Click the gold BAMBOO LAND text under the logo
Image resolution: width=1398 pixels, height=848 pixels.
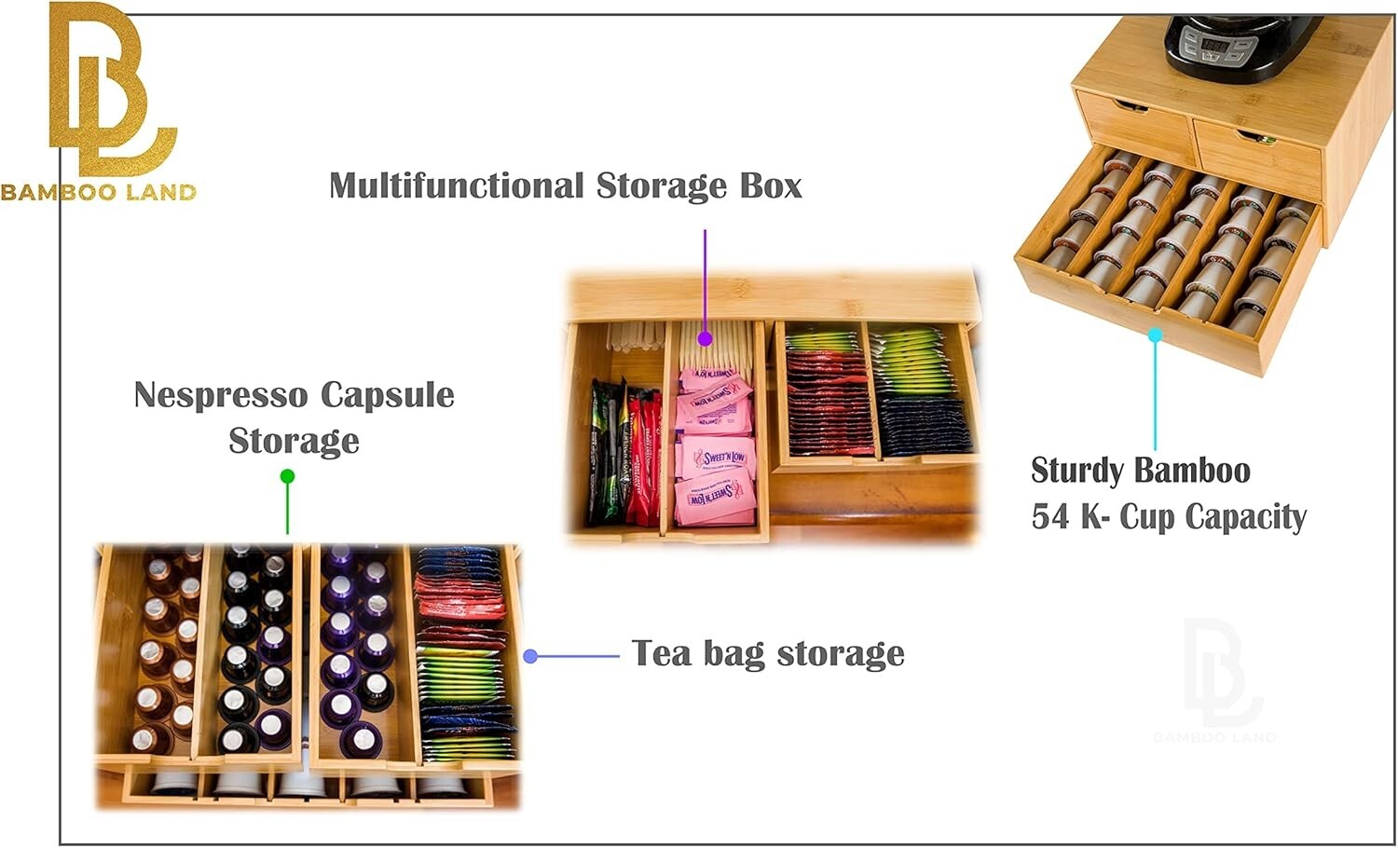(x=98, y=193)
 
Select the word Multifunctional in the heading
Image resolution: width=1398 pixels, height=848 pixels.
(x=457, y=186)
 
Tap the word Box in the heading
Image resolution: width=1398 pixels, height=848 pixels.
(x=771, y=185)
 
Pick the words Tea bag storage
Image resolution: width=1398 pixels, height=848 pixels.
(x=768, y=654)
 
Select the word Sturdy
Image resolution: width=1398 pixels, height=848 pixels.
(x=1078, y=472)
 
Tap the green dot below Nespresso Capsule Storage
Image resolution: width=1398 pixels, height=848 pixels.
(x=288, y=476)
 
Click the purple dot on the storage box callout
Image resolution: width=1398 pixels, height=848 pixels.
(x=706, y=338)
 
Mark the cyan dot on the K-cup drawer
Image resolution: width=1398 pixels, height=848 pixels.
(x=1155, y=335)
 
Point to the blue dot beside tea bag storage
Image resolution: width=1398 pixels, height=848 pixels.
(x=530, y=656)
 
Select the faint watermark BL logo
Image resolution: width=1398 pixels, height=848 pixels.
(x=1216, y=676)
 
